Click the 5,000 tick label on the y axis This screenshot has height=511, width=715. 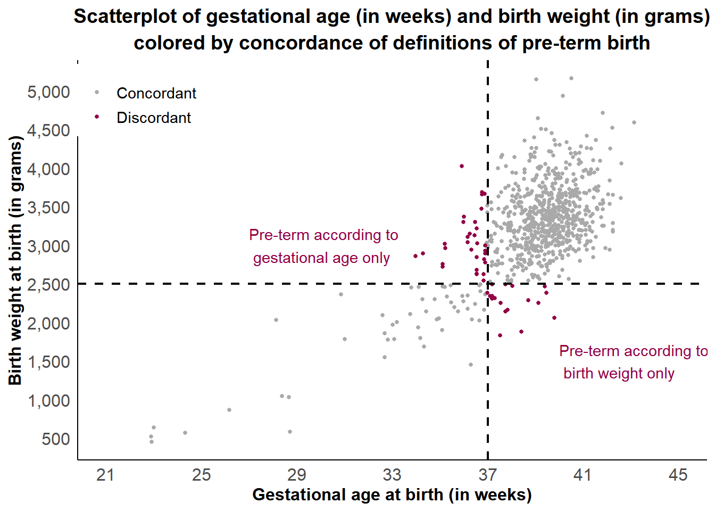[48, 92]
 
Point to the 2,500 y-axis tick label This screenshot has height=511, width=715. [48, 285]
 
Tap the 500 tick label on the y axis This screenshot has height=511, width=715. [56, 439]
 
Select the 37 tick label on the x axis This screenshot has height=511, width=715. [487, 474]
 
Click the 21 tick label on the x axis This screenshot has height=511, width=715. [105, 474]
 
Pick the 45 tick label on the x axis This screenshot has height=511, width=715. [678, 474]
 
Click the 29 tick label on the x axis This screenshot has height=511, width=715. [296, 474]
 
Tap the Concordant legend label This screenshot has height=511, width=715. [156, 93]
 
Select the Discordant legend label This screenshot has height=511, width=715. [154, 118]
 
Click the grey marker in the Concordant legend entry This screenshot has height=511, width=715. [97, 93]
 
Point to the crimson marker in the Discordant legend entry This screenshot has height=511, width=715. [97, 117]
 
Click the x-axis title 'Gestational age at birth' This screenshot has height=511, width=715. [392, 494]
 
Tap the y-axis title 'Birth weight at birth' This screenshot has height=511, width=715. [15, 261]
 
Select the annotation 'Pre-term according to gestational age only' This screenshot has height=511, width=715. [323, 246]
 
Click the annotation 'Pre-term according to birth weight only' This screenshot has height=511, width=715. [633, 362]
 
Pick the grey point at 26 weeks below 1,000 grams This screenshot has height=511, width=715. [229, 410]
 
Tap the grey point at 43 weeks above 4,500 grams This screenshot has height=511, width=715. [634, 122]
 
